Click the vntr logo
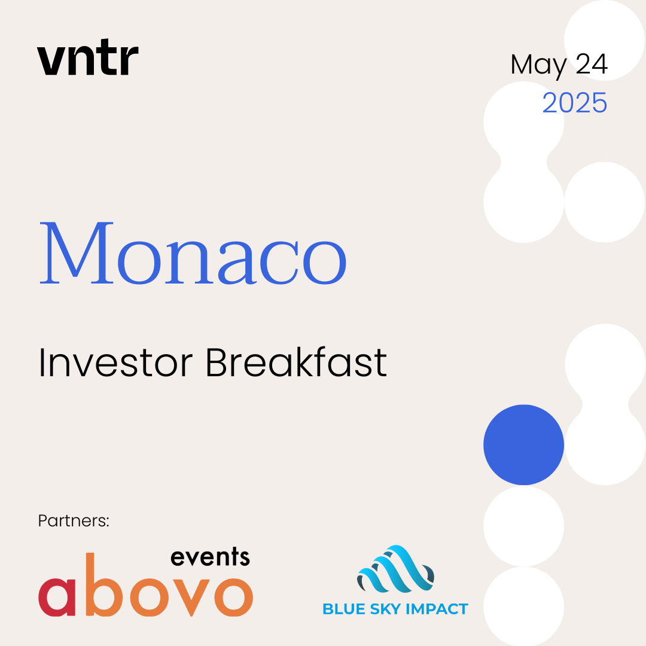(x=88, y=57)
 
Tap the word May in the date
(x=538, y=66)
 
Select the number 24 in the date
(x=591, y=64)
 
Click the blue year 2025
(x=575, y=103)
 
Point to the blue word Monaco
(x=193, y=253)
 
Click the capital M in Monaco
(x=76, y=253)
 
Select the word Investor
(x=115, y=362)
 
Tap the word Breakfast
(x=296, y=362)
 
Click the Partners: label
(x=74, y=521)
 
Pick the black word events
(x=210, y=557)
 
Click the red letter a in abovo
(x=57, y=597)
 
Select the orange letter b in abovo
(x=105, y=585)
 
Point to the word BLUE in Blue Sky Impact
(x=344, y=609)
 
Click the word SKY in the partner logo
(x=386, y=609)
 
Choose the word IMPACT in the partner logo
(x=437, y=609)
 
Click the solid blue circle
(x=523, y=444)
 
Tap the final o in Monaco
(x=325, y=263)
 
